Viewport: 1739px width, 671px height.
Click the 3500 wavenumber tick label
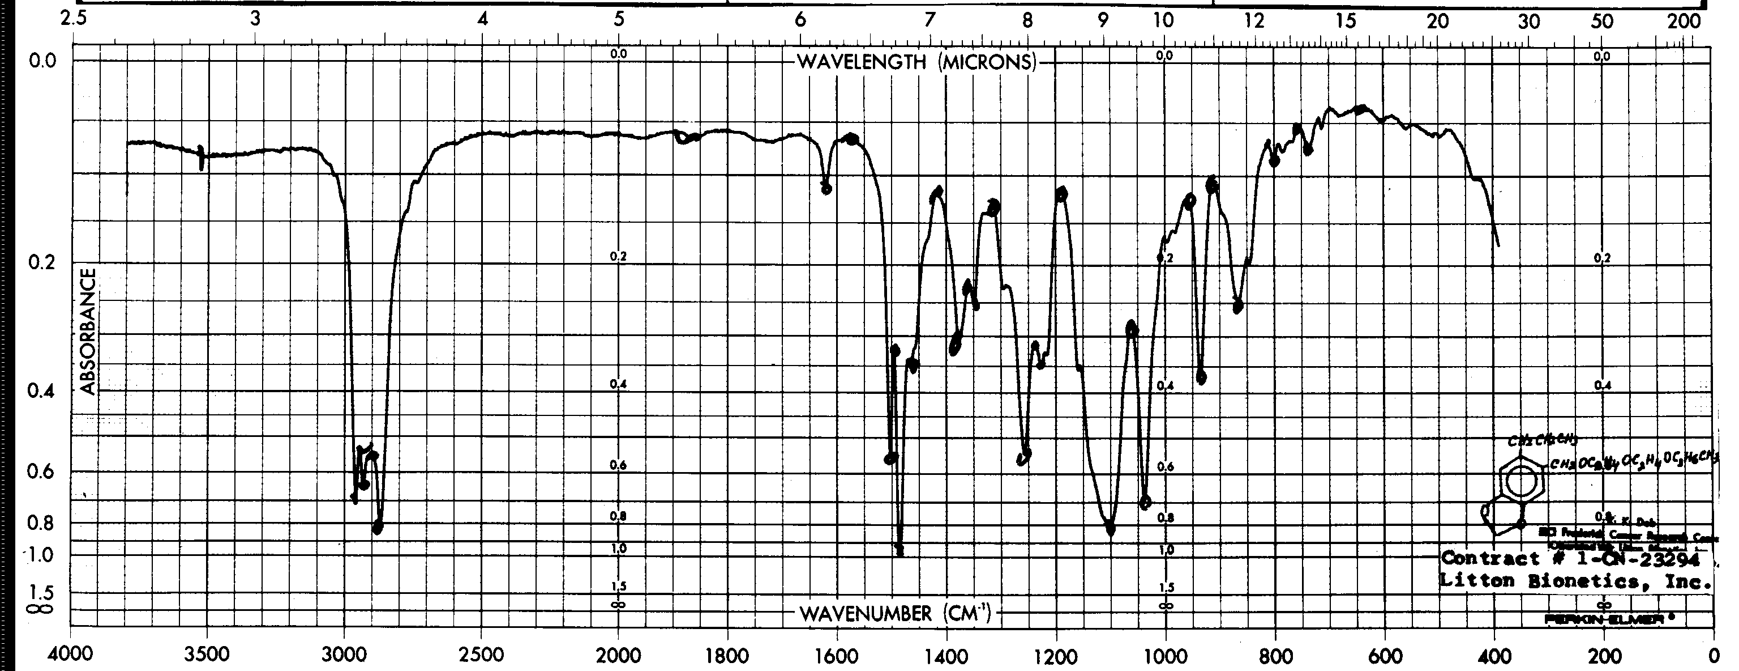coord(207,656)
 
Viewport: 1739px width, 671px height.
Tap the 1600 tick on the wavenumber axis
coord(837,656)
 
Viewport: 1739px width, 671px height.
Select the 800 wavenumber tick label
coord(1275,656)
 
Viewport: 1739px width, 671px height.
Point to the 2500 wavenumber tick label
coord(481,656)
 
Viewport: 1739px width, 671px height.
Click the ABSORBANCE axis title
coord(88,331)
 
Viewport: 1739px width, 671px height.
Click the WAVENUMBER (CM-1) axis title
coord(895,614)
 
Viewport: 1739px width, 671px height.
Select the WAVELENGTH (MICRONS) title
coord(916,62)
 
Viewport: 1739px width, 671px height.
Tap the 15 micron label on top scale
coord(1346,21)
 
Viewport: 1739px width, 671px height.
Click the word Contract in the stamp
coord(1483,559)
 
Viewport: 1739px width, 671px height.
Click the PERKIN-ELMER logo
coord(1607,618)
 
